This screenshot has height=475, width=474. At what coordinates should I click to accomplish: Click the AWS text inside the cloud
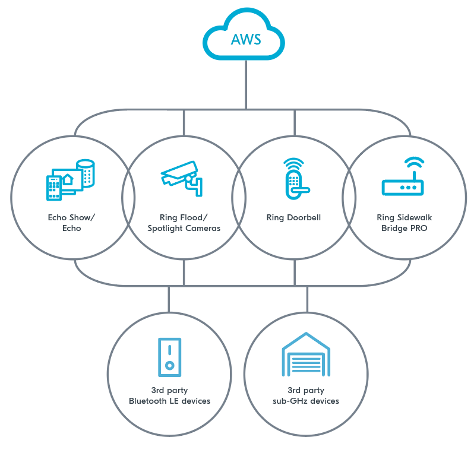(x=245, y=40)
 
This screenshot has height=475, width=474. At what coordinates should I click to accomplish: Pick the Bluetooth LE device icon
(x=169, y=357)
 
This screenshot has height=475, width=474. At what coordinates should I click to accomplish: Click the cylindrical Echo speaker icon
(x=87, y=173)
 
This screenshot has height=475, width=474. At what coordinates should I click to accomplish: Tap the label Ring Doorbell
(x=293, y=218)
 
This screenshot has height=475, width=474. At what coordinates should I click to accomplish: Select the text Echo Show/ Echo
(x=72, y=223)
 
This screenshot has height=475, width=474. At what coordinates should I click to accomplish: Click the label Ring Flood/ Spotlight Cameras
(x=184, y=223)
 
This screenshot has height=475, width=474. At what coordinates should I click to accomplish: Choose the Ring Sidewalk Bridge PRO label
(x=404, y=223)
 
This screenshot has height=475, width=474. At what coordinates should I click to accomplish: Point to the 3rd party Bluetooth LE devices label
(x=169, y=395)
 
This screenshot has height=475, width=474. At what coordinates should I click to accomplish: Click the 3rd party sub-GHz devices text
(x=306, y=395)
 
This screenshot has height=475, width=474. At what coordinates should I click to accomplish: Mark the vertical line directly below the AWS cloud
(x=246, y=83)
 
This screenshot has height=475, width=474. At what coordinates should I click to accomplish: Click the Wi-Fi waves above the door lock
(x=294, y=163)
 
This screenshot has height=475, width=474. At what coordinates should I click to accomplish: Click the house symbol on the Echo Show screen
(x=68, y=179)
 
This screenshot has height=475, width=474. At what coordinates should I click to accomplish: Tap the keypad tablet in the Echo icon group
(x=54, y=188)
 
